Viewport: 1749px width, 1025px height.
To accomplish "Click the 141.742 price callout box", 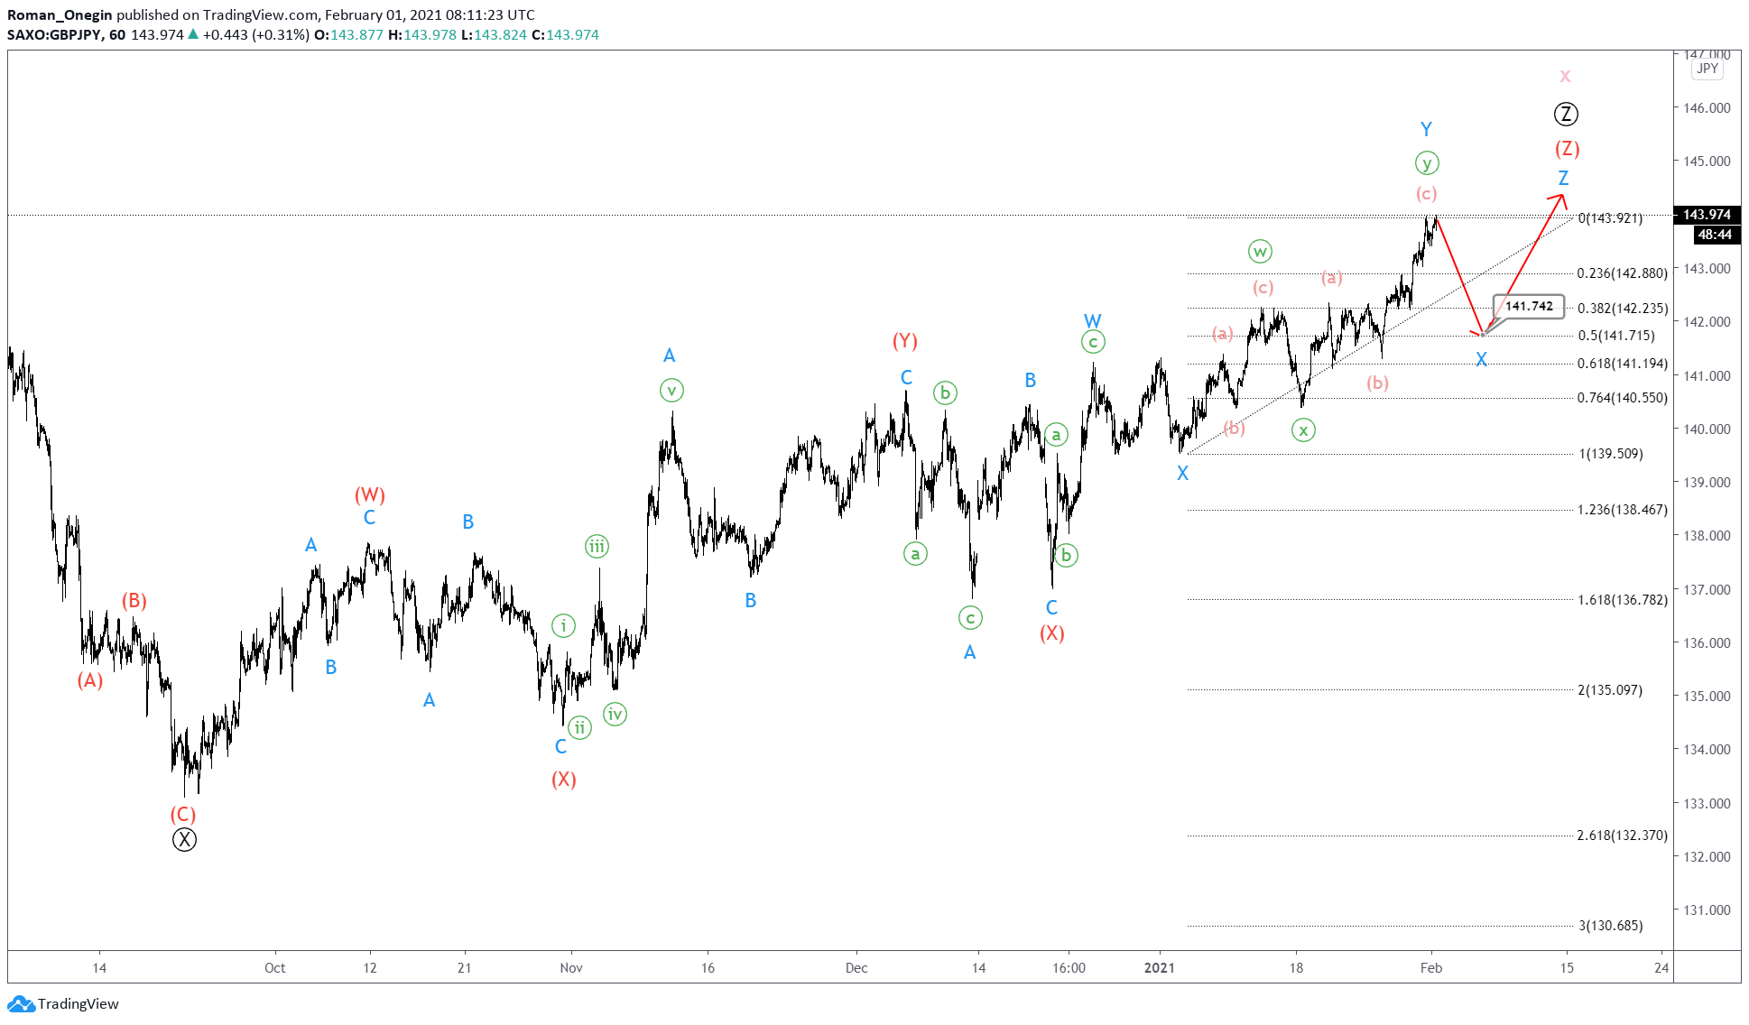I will point(1529,306).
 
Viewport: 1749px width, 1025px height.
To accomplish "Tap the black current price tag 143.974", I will point(1706,215).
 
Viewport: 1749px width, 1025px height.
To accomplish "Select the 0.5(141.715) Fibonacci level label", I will point(1615,336).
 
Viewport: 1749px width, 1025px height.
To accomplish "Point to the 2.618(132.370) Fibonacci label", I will point(1622,836).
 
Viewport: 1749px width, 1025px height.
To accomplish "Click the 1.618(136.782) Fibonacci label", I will point(1622,600).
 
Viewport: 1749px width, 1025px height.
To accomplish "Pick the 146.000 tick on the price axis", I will point(1707,108).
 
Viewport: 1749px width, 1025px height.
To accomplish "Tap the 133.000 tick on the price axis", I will point(1707,803).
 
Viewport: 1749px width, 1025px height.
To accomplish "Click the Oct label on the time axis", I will point(274,968).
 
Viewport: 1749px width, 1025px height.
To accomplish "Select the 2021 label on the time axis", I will point(1160,968).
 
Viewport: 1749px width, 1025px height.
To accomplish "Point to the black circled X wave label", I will point(184,840).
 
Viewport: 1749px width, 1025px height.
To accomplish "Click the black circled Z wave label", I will point(1566,115).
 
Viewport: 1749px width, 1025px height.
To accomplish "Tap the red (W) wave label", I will point(370,494).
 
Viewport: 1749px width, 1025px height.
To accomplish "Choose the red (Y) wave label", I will point(905,341).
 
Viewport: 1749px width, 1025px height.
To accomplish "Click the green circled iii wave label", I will point(597,546).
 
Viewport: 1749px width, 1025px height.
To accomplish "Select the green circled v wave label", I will point(671,391).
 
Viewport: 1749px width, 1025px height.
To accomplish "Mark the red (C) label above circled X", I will point(183,814).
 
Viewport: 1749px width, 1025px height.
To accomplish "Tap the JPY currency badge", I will point(1707,69).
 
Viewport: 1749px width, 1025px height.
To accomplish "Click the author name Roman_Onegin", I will point(60,15).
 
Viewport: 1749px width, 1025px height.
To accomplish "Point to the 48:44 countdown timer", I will point(1714,235).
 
